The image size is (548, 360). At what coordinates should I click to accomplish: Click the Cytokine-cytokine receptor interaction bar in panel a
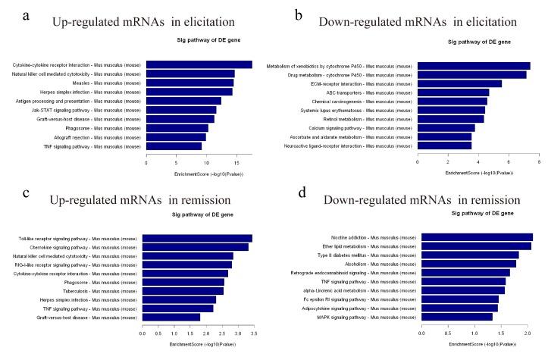pyautogui.click(x=199, y=64)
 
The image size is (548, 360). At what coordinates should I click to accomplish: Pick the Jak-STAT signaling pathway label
pyautogui.click(x=96, y=110)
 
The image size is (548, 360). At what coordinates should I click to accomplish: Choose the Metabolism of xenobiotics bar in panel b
pyautogui.click(x=473, y=65)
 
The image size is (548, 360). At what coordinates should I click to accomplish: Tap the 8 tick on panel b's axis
pyautogui.click(x=539, y=161)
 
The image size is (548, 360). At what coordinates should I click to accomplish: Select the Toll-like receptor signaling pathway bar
pyautogui.click(x=197, y=239)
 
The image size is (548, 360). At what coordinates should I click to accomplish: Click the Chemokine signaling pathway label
pyautogui.click(x=85, y=247)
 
